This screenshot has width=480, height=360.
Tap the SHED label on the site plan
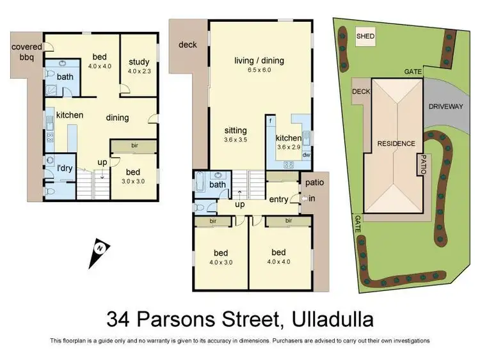click(x=365, y=36)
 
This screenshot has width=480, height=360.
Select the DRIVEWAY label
click(x=445, y=106)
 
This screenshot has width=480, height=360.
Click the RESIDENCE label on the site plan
click(x=396, y=143)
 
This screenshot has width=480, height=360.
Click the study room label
click(x=139, y=62)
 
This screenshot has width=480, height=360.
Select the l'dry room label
click(x=64, y=168)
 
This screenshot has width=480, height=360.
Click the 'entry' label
click(x=278, y=200)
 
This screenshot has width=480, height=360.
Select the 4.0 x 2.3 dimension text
click(x=139, y=71)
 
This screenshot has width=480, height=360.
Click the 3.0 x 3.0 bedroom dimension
click(x=133, y=182)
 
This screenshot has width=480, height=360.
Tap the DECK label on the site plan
click(x=360, y=91)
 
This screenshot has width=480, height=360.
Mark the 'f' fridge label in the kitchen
click(x=271, y=120)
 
